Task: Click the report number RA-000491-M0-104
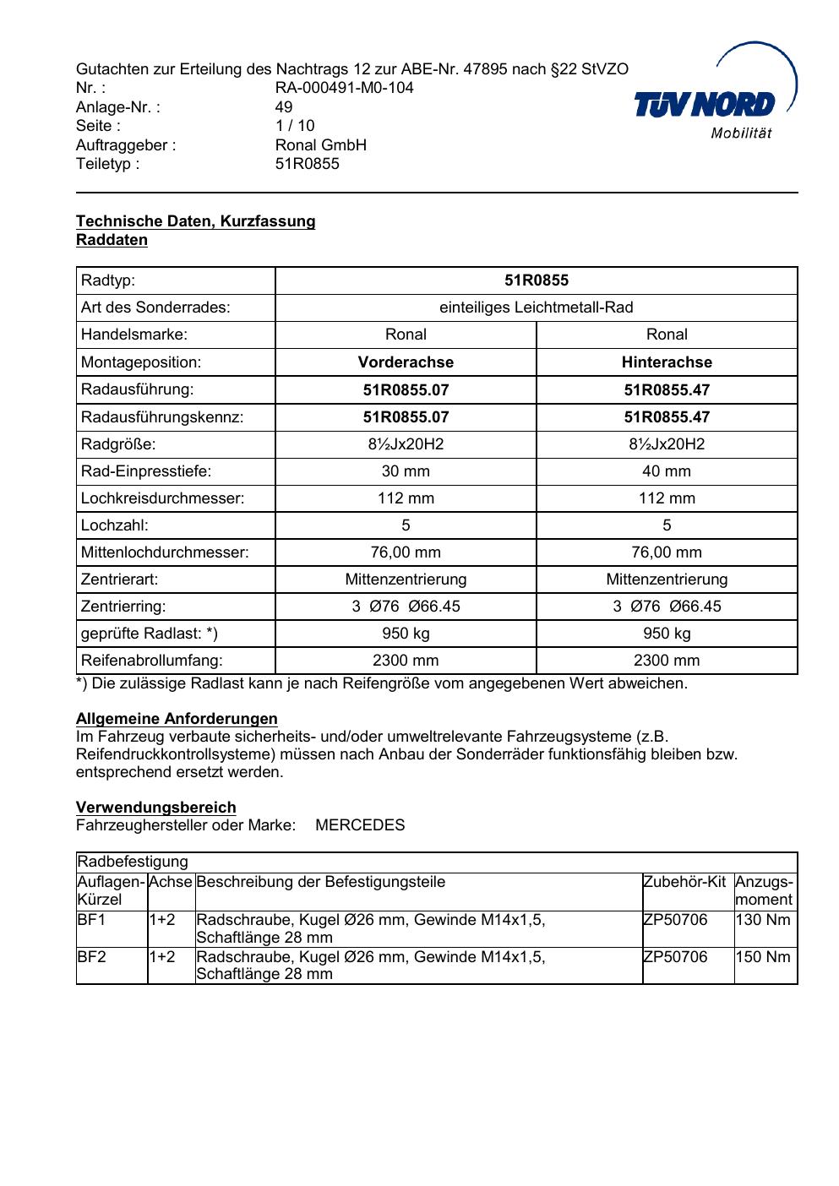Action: pos(344,88)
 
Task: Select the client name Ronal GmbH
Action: pos(320,145)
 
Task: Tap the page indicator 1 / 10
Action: pos(294,126)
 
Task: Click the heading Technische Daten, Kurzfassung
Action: pos(195,221)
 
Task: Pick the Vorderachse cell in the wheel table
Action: pos(406,362)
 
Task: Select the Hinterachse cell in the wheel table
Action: pos(667,362)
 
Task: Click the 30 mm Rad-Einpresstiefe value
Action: pos(406,471)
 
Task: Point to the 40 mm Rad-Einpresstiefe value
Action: pos(667,471)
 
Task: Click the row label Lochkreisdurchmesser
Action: pos(162,498)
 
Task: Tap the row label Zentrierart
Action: pos(119,579)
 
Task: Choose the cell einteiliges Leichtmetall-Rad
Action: pos(536,307)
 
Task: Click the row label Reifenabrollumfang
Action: pos(151,661)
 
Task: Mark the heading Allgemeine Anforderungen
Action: pos(177,719)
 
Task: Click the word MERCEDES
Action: pos(360,825)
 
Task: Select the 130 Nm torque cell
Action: pos(763,920)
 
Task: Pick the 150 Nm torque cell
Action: pos(763,957)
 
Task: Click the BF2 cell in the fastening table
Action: pos(91,957)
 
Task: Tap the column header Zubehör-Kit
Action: pos(684,883)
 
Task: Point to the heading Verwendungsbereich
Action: pos(155,808)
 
